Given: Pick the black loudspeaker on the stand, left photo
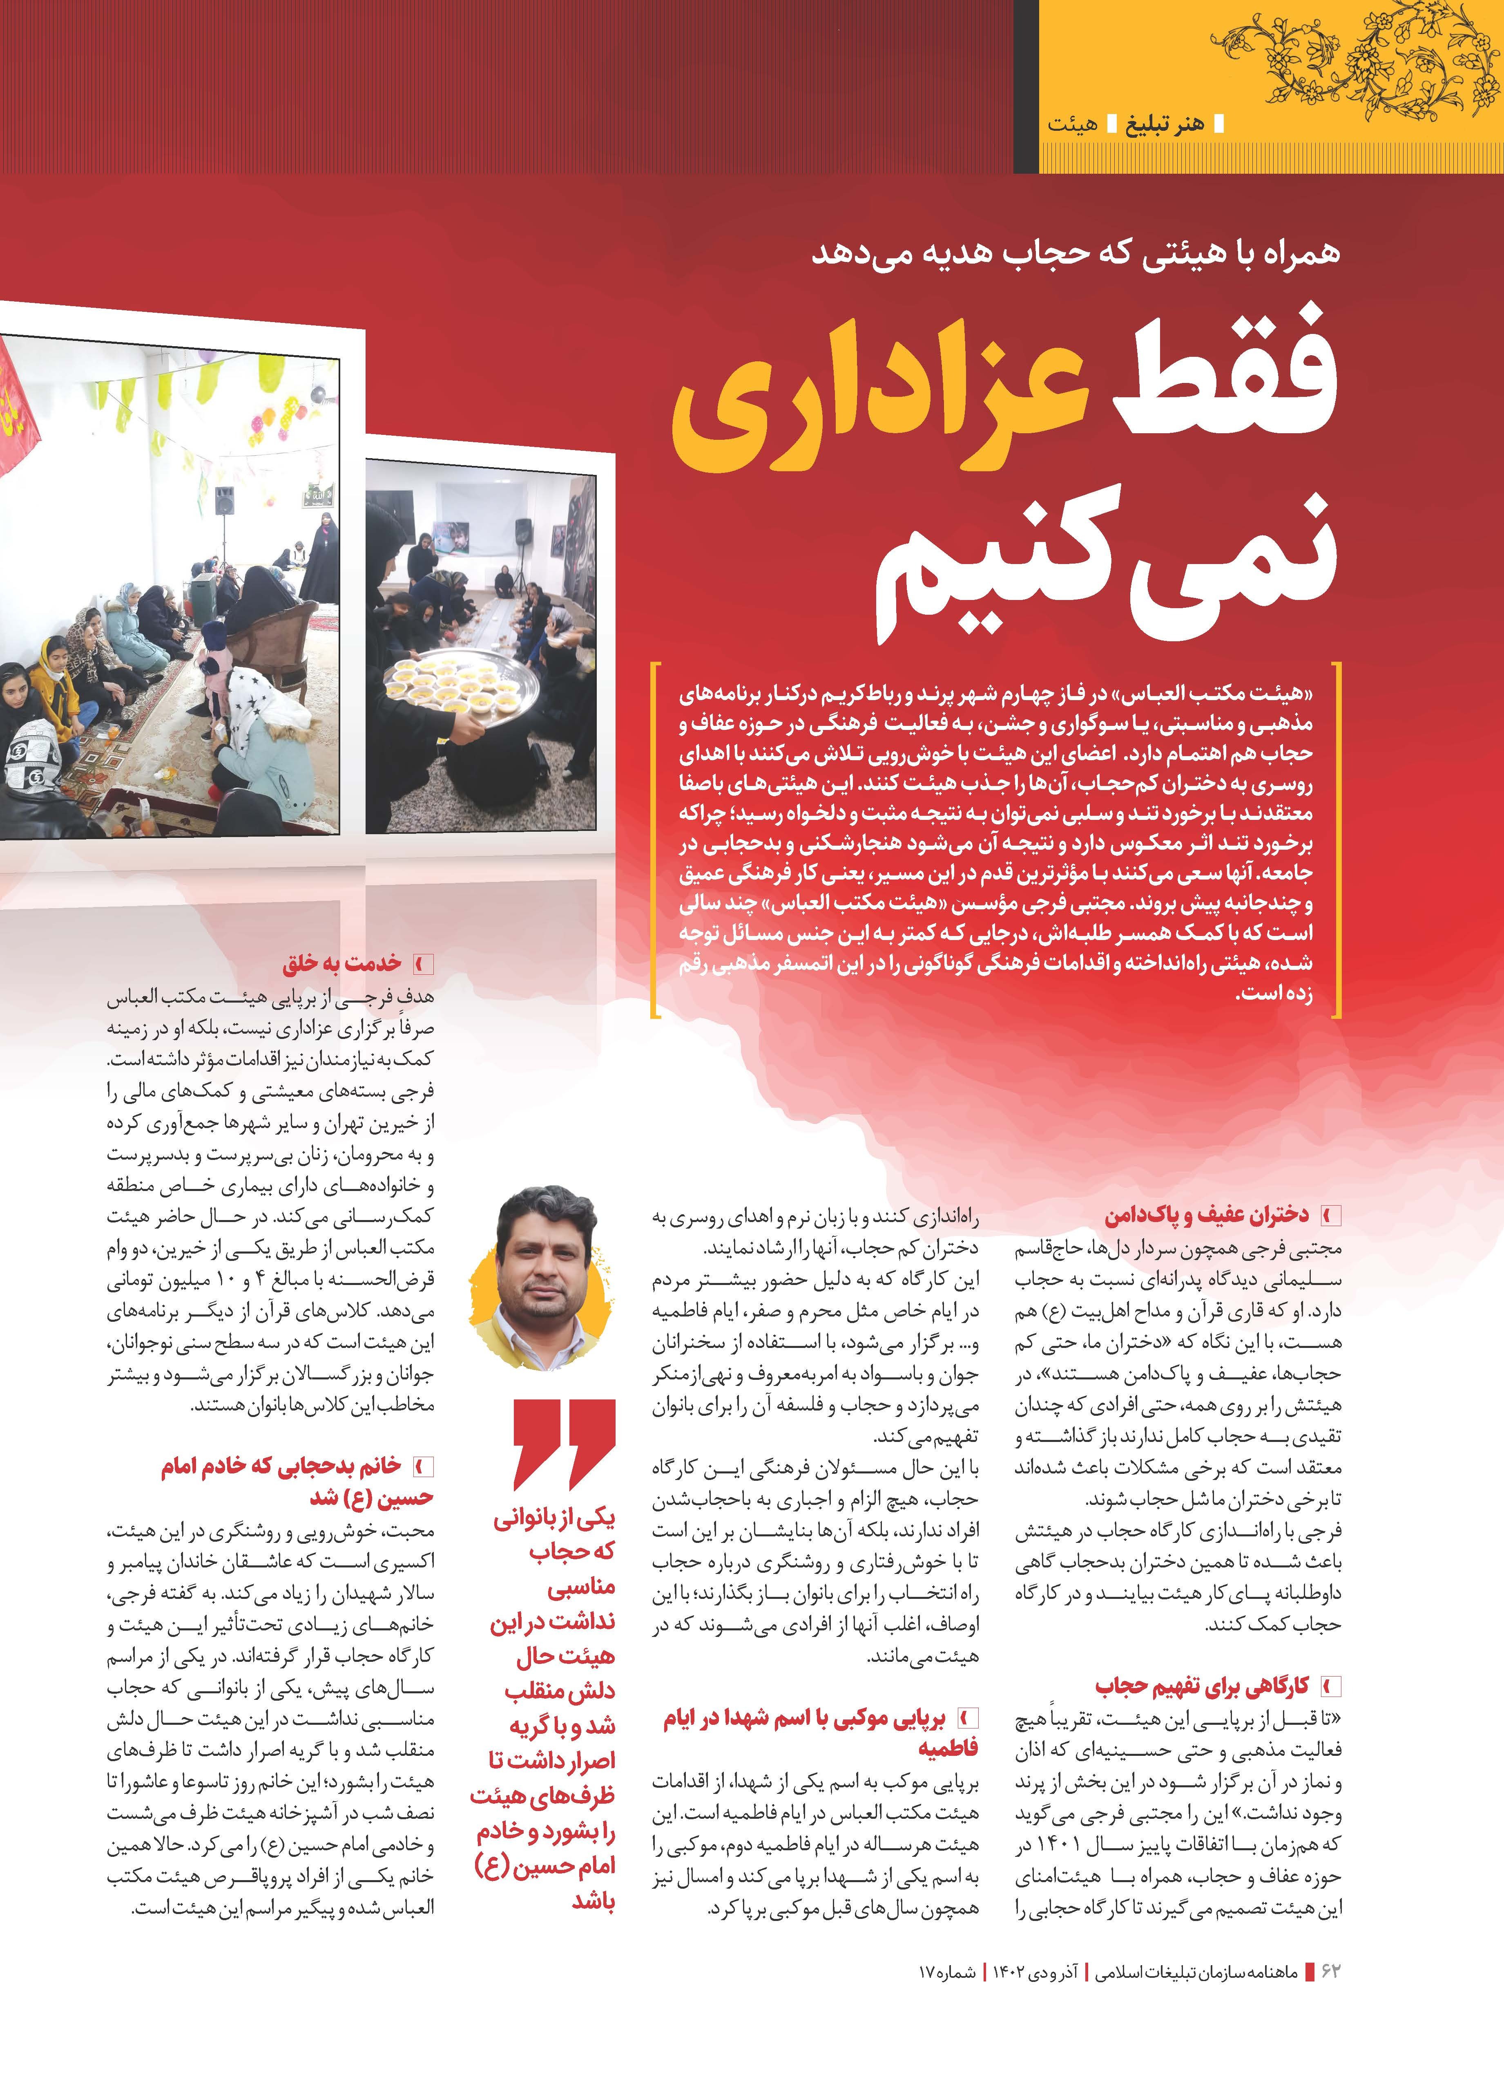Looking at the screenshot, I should [225, 502].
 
